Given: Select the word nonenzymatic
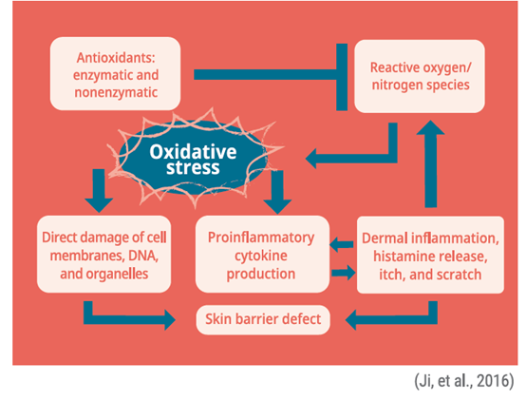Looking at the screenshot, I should point(117,92).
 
